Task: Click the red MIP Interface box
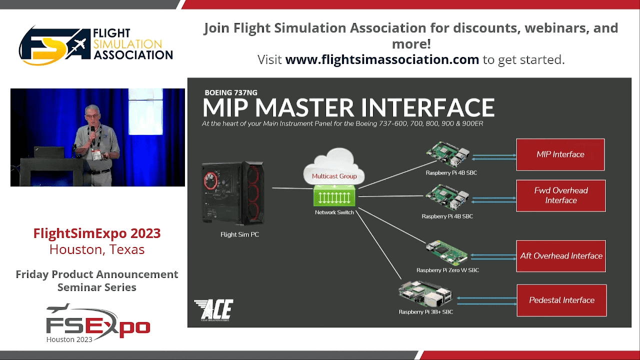[x=560, y=154]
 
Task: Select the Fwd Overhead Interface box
[x=561, y=195]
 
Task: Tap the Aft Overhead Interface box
[x=561, y=256]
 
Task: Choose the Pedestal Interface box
[x=561, y=300]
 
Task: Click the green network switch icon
[x=334, y=195]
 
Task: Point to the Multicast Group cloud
[x=334, y=166]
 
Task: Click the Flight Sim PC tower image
[x=233, y=193]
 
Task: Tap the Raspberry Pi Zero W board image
[x=446, y=253]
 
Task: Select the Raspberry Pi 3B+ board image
[x=425, y=294]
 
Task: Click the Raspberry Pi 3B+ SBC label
[x=425, y=312]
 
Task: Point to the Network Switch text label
[x=334, y=212]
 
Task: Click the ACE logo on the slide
[x=213, y=310]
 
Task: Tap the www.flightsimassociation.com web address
[x=382, y=59]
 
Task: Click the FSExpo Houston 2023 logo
[x=97, y=323]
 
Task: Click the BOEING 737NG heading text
[x=231, y=92]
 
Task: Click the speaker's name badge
[x=96, y=154]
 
